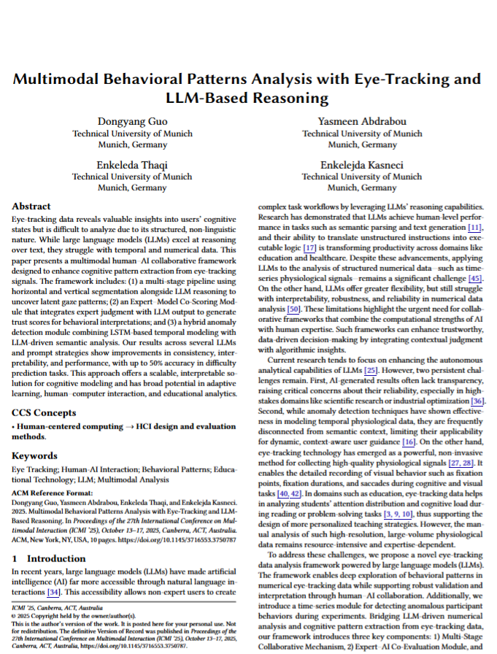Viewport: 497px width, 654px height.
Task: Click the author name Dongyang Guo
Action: point(132,121)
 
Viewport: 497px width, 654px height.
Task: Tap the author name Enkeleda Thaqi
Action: point(132,164)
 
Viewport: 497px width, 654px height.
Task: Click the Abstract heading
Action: point(32,206)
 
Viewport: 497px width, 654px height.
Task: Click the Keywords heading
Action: point(35,455)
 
